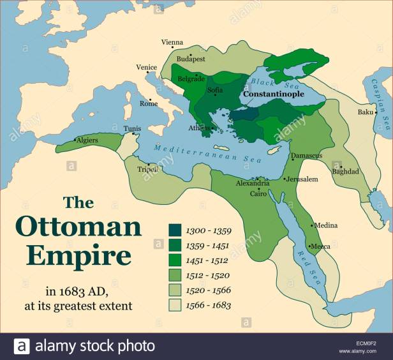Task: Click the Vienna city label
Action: (172, 43)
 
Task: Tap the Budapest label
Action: (191, 58)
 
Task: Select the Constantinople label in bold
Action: (273, 93)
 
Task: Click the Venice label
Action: (146, 68)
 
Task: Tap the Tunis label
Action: (132, 128)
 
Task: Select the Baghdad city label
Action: (345, 171)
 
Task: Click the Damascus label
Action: (306, 156)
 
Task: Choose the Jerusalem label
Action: (302, 179)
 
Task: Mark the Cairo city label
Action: (258, 193)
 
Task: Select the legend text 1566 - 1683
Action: (209, 305)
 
